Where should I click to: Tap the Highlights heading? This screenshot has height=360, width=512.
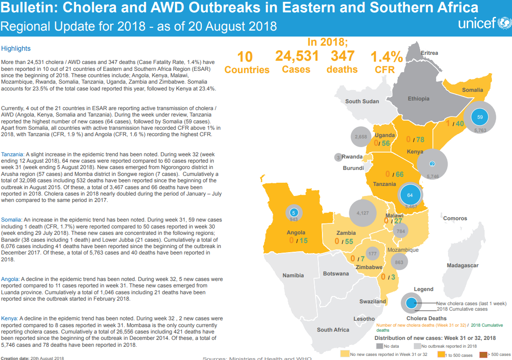pos(16,48)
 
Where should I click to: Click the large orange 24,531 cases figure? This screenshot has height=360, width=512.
pos(296,56)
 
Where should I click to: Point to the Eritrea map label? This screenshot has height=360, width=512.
pos(429,53)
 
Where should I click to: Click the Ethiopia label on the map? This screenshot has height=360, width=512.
pos(418,99)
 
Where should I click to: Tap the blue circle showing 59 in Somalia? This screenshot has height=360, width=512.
pos(480,117)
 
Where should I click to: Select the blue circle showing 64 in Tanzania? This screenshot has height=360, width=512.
pos(410,195)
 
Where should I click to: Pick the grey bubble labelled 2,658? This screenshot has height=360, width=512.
pos(361,137)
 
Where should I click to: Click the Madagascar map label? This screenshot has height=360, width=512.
pos(462,265)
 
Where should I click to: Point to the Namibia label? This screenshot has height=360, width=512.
pos(293,275)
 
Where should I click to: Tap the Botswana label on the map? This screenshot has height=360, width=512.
pos(336,274)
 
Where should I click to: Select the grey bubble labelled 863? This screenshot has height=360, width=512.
pos(399,262)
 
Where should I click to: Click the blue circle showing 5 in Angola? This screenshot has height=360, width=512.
pos(294,213)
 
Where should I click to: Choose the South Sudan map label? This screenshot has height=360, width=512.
pos(362,101)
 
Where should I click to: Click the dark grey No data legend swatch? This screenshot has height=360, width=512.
pos(379,346)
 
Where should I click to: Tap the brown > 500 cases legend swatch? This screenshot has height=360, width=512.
pos(483,354)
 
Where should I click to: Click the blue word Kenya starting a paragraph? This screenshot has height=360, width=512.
pos(9,318)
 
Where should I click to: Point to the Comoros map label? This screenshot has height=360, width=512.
pos(455,218)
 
